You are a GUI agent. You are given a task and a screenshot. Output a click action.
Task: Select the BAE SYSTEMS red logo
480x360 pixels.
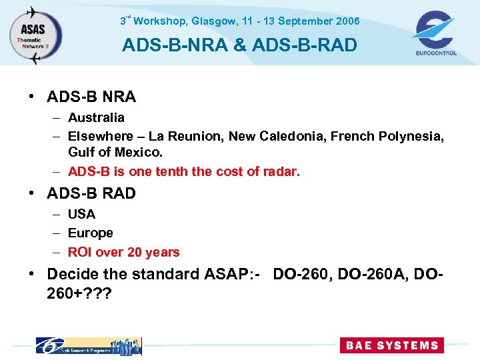(391, 345)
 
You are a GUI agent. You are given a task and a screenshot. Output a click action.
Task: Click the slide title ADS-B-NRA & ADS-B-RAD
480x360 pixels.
(239, 45)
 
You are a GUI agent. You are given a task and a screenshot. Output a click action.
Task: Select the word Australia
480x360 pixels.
(96, 118)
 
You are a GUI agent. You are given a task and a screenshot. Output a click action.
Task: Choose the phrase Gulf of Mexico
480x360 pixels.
(115, 153)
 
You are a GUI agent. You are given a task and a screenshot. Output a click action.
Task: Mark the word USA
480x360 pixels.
(81, 215)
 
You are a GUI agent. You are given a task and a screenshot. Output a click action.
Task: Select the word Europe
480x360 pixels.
(91, 233)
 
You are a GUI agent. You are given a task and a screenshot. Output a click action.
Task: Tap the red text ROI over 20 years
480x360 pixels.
(124, 253)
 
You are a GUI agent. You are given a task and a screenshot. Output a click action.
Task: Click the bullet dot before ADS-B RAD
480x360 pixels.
(32, 194)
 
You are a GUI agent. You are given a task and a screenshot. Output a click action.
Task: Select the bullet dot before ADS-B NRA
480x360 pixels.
(32, 97)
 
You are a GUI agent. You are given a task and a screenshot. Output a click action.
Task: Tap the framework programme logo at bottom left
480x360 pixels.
(88, 345)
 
